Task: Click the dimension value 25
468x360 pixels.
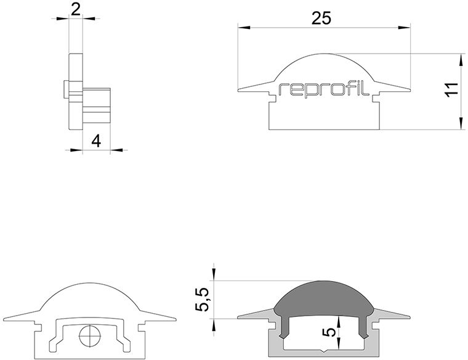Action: (321, 18)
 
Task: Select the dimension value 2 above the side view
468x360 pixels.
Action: (76, 8)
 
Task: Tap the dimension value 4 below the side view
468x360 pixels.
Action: (95, 141)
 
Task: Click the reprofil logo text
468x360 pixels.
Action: (323, 89)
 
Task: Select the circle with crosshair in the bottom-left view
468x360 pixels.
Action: (90, 337)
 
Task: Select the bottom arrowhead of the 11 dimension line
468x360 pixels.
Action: (461, 126)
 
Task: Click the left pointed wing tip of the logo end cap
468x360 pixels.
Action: (238, 92)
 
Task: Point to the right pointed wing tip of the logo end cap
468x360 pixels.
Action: (409, 92)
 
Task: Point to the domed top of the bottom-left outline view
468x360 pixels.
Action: (90, 288)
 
